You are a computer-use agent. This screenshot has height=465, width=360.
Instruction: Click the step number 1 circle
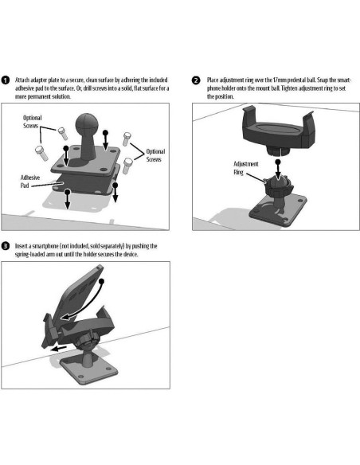(x=6, y=80)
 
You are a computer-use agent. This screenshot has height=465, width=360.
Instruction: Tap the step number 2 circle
(x=196, y=80)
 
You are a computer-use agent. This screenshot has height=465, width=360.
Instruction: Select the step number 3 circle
(x=6, y=246)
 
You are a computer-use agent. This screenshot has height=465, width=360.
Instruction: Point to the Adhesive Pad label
(x=30, y=182)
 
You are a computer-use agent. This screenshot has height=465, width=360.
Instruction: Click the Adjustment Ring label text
(x=246, y=168)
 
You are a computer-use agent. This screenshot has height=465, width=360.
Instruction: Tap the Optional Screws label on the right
(x=155, y=155)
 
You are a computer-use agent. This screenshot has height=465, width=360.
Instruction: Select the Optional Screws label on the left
(x=33, y=122)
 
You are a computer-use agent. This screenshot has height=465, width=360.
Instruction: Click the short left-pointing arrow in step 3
(x=58, y=348)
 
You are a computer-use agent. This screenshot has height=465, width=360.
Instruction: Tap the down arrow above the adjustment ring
(x=278, y=170)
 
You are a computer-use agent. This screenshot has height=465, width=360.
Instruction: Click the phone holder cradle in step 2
(x=278, y=131)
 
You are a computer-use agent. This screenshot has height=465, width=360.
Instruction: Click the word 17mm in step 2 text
(x=279, y=80)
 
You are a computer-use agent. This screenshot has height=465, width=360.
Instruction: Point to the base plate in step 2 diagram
(x=278, y=211)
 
